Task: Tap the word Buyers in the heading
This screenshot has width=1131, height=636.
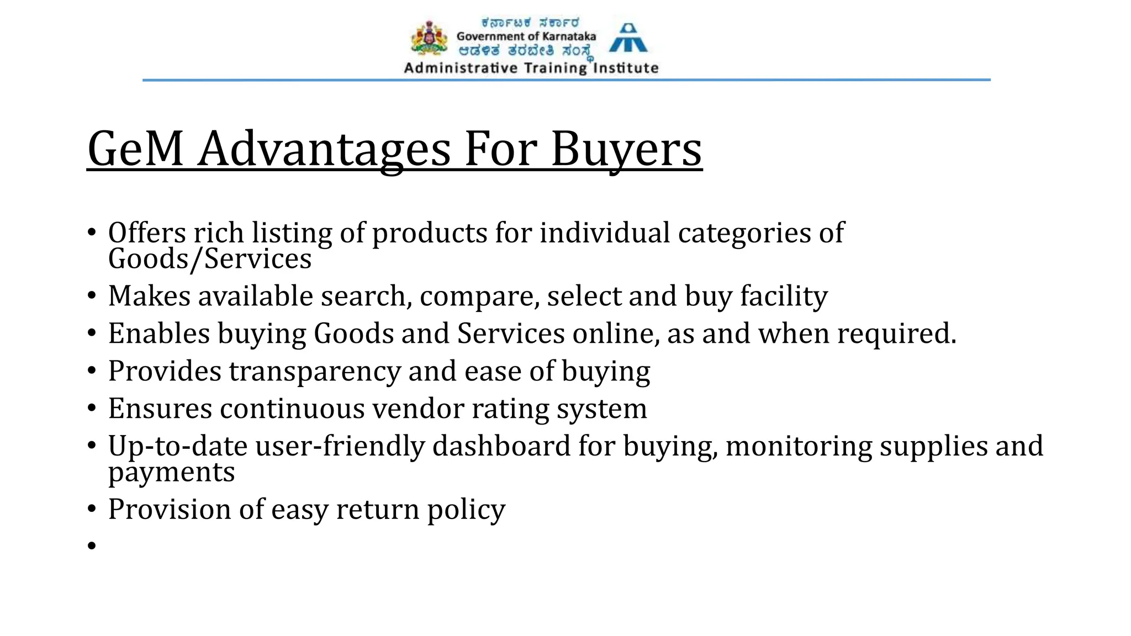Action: [x=626, y=150]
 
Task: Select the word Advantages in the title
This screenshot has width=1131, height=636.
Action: [x=324, y=150]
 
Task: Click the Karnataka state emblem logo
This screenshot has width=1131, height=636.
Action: [x=429, y=38]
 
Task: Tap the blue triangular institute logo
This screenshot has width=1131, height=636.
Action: [x=628, y=38]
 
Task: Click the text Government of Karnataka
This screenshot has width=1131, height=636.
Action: [x=526, y=36]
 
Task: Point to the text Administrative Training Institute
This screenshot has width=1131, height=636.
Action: [x=531, y=68]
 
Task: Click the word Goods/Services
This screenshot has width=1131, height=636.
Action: [x=210, y=259]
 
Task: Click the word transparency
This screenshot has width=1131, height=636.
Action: [x=315, y=372]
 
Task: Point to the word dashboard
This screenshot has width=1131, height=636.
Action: [x=501, y=446]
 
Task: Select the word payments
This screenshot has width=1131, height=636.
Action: [x=171, y=473]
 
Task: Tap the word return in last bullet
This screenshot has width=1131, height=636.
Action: [x=378, y=509]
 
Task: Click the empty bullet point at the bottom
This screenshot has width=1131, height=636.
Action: [x=92, y=546]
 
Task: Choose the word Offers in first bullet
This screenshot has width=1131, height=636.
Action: [x=147, y=233]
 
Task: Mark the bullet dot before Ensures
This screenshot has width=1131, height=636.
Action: [x=92, y=409]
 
